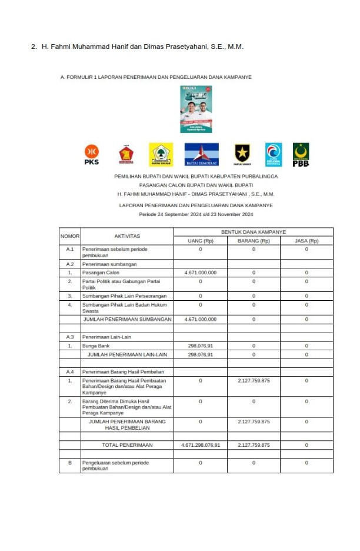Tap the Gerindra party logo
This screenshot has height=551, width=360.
coord(126,154)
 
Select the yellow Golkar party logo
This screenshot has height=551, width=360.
coord(160,154)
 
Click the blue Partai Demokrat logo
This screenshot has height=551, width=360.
coord(201,154)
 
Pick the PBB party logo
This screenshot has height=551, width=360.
coord(301,154)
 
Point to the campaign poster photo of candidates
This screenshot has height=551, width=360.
coord(196,109)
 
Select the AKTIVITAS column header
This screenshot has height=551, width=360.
coord(127,236)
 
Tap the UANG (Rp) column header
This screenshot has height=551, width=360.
coord(200,241)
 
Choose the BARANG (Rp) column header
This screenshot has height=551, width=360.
coord(254,241)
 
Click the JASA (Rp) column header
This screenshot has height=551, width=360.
coord(306,241)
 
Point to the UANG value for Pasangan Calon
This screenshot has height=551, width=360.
coord(201,273)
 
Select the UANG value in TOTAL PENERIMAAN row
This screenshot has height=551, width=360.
coord(201,445)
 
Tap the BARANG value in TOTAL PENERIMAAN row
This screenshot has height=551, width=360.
coord(254,445)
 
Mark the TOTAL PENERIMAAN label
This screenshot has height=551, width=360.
coord(127,445)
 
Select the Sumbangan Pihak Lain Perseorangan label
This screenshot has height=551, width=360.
coord(124,296)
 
